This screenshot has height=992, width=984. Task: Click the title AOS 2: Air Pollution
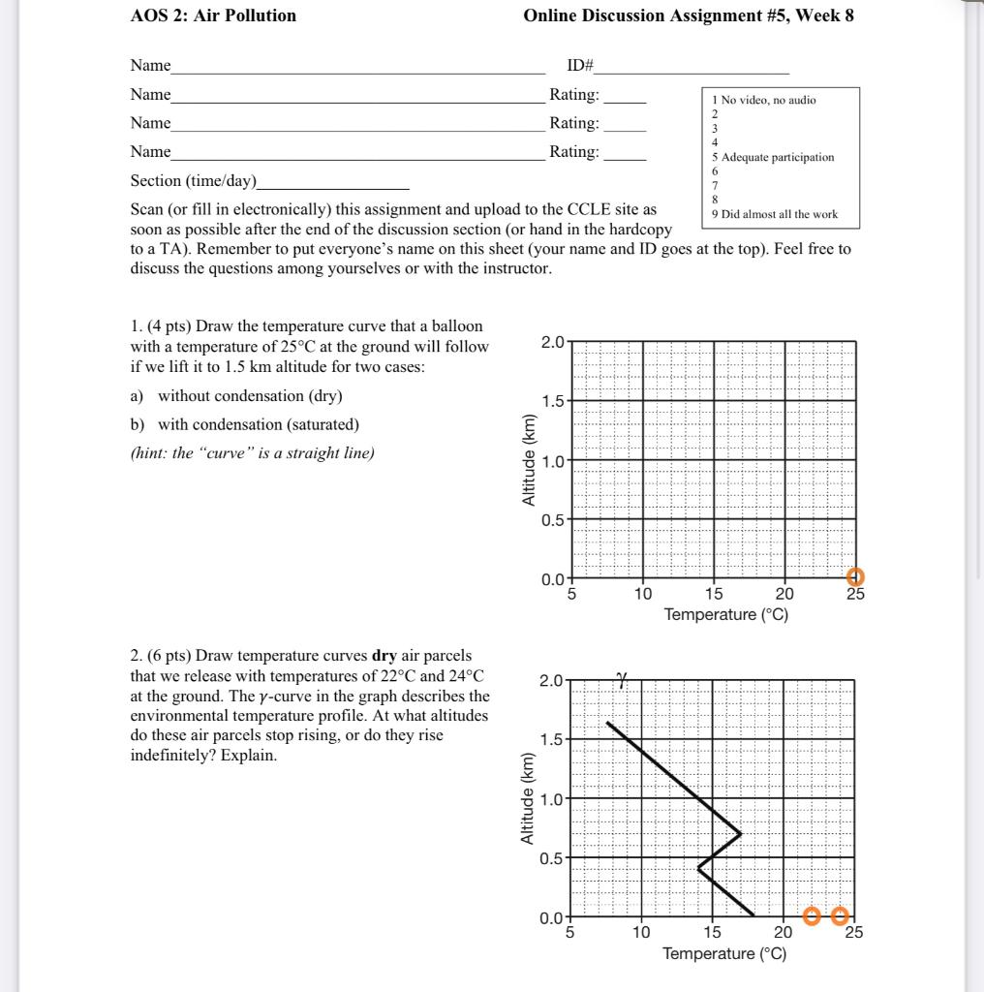coord(213,15)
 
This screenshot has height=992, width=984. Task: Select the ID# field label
coord(581,66)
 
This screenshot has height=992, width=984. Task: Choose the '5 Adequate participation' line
coord(773,157)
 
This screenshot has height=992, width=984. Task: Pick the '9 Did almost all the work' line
coord(774,214)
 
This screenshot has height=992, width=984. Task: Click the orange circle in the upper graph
coord(855,578)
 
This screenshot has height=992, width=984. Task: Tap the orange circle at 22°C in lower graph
coord(812,916)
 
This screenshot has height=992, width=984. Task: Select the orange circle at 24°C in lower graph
coord(841,916)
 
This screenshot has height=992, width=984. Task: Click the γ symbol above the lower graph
coord(620,683)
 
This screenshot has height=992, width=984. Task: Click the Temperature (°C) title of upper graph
coord(725,615)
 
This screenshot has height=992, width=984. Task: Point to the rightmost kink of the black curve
coord(741,833)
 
